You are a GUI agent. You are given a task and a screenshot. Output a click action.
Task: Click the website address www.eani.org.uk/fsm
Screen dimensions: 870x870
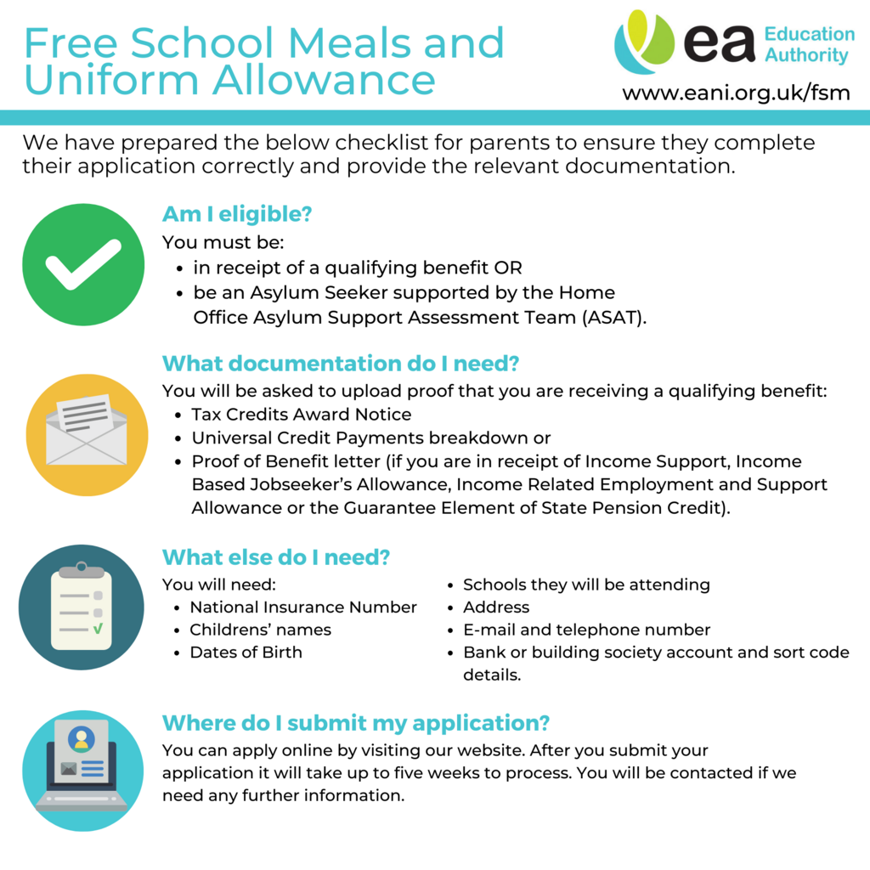pyautogui.click(x=736, y=92)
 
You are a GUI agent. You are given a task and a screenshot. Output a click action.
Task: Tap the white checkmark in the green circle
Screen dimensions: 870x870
pyautogui.click(x=83, y=264)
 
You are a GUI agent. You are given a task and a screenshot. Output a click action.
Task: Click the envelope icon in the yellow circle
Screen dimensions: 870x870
pyautogui.click(x=87, y=434)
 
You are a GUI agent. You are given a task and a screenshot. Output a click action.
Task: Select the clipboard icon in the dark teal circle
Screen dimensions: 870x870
pyautogui.click(x=81, y=607)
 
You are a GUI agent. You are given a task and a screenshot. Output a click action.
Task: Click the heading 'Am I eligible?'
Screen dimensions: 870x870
pyautogui.click(x=237, y=215)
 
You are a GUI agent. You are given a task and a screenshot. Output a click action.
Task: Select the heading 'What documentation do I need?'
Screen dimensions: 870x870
pyautogui.click(x=341, y=364)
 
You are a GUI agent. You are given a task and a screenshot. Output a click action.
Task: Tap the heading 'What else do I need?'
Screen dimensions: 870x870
pyautogui.click(x=276, y=557)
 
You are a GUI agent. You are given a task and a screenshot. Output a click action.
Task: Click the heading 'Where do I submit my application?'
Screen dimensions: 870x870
pyautogui.click(x=356, y=723)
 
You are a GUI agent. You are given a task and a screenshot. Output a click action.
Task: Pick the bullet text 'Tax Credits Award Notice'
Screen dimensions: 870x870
pyautogui.click(x=301, y=415)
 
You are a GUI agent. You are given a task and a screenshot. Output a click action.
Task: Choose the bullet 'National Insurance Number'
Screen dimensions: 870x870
pyautogui.click(x=303, y=607)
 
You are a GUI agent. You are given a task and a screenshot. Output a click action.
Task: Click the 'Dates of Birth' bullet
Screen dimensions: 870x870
pyautogui.click(x=246, y=652)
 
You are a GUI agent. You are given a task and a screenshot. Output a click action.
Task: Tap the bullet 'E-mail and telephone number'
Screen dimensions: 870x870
pyautogui.click(x=586, y=630)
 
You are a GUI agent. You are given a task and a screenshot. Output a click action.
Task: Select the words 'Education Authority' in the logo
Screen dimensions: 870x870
pyautogui.click(x=809, y=45)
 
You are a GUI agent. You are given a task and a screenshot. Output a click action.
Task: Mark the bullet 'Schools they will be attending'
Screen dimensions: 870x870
pyautogui.click(x=586, y=585)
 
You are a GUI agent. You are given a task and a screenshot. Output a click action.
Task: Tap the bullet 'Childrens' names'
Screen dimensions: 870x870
pyautogui.click(x=260, y=630)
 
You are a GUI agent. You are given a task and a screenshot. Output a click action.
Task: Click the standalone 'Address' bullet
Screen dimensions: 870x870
pyautogui.click(x=496, y=607)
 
